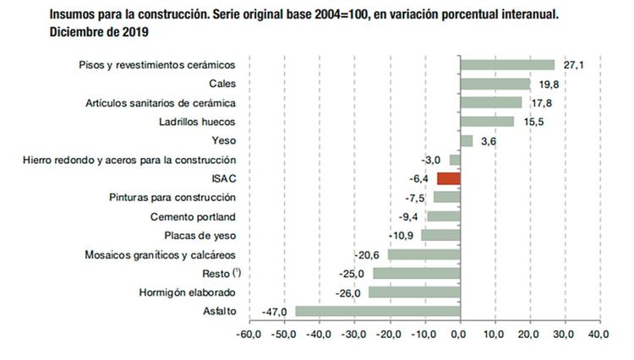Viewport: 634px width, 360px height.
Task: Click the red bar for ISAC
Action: coord(448,178)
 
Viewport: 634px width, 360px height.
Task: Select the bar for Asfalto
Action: coord(377,311)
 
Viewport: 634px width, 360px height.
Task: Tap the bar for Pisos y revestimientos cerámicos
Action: coord(506,65)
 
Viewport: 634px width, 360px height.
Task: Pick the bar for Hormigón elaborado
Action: coord(413,292)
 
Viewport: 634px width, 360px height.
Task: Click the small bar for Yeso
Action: coord(466,140)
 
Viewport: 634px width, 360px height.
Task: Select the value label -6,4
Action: coord(420,178)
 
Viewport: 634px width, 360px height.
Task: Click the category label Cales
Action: coord(221,84)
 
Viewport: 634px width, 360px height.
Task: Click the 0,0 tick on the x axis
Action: coord(459,335)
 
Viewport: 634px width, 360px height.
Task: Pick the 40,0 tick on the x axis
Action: coord(598,335)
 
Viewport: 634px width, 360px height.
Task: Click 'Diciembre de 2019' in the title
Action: coord(100,31)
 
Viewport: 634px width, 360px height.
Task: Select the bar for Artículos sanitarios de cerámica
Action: coord(490,103)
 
